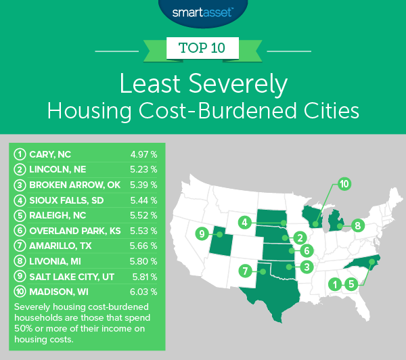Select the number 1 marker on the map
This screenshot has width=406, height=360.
pos(334,285)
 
